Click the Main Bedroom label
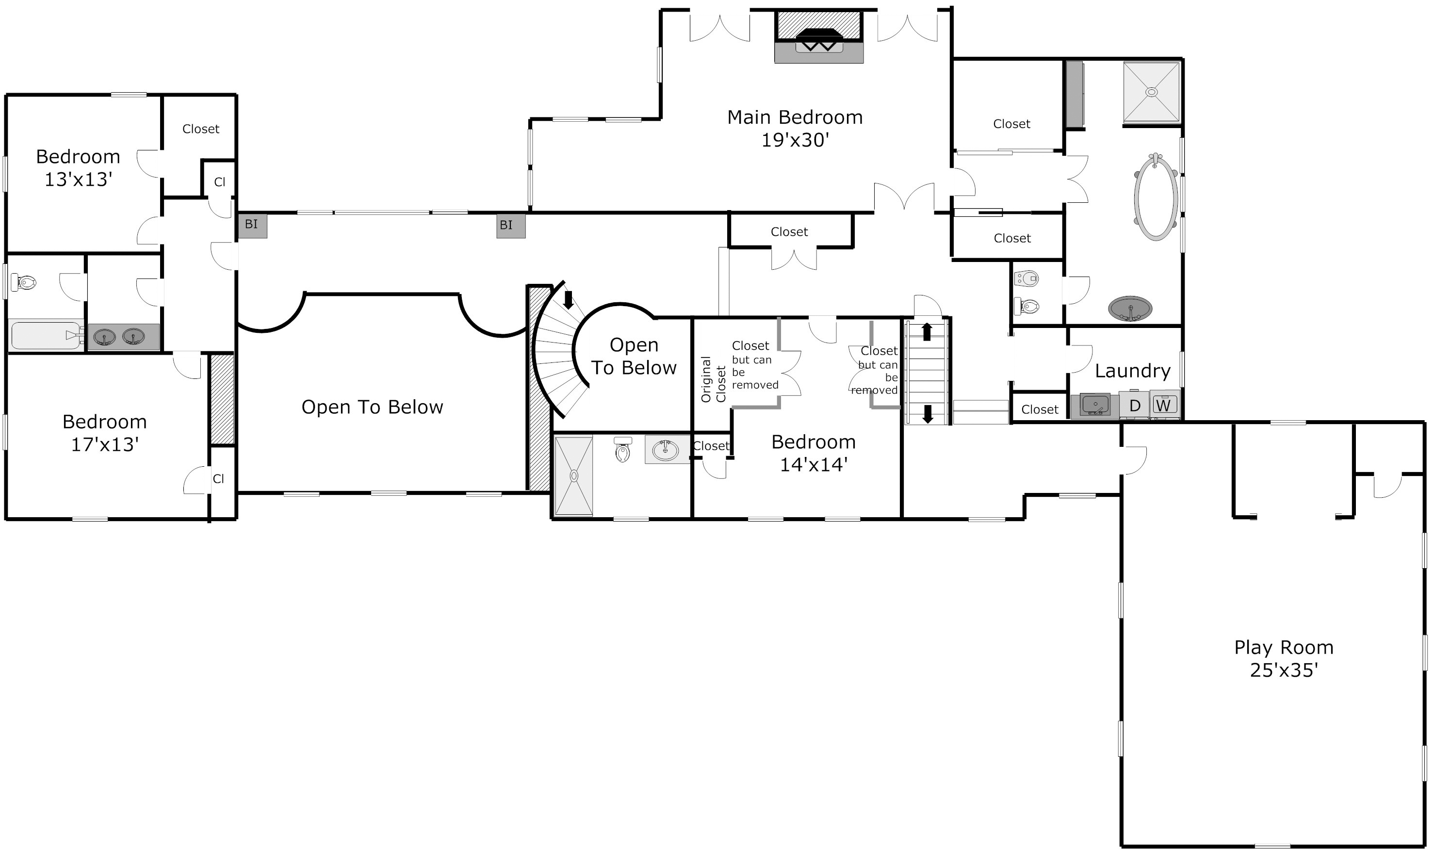click(x=795, y=117)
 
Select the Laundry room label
click(x=1132, y=372)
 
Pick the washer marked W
click(x=1163, y=405)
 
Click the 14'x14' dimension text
click(x=814, y=464)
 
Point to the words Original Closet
click(x=713, y=379)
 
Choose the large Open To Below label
click(x=372, y=407)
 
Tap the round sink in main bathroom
click(x=1129, y=309)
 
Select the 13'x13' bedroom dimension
click(x=78, y=180)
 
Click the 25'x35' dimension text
click(x=1284, y=671)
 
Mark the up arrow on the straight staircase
click(x=927, y=331)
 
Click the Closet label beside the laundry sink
click(x=1040, y=409)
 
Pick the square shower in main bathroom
click(x=1151, y=92)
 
